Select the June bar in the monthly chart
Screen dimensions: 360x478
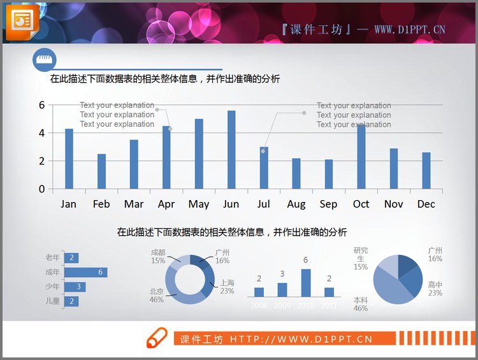(231, 150)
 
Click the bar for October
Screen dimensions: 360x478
(361, 157)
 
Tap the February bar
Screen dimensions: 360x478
(101, 171)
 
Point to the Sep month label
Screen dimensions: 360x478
(328, 204)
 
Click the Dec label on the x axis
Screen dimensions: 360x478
(426, 204)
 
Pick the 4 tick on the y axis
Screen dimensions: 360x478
(42, 133)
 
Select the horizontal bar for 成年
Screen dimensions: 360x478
(85, 273)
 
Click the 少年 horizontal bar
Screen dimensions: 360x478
(75, 287)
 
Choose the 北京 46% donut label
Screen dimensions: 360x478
(156, 296)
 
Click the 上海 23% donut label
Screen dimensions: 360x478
(227, 287)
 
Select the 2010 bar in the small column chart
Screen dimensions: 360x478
(306, 283)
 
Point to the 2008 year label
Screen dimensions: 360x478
(259, 306)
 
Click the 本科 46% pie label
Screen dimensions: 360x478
(361, 304)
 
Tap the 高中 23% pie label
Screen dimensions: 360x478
(435, 289)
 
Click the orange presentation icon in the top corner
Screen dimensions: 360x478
(22, 21)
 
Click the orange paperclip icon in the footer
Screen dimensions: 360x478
(157, 338)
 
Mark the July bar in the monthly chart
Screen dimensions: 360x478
(264, 168)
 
